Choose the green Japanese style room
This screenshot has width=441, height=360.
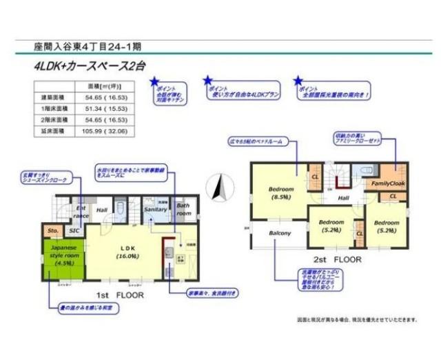click(63, 259)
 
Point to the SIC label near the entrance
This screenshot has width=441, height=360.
click(74, 231)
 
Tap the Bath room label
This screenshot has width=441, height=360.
click(183, 210)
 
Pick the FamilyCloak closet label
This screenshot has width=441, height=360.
click(389, 184)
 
